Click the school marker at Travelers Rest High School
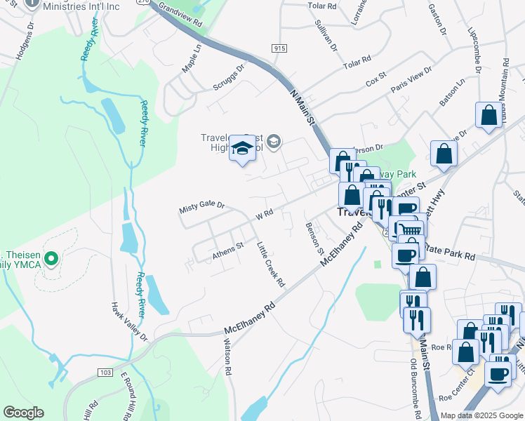[x=242, y=148]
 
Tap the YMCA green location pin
[x=50, y=260]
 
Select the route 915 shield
[x=279, y=48]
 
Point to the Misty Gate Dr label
[x=201, y=206]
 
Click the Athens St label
[x=227, y=251]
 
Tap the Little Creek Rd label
[x=270, y=265]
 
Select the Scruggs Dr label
[x=230, y=79]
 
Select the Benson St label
[x=314, y=239]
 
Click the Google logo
[x=24, y=413]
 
